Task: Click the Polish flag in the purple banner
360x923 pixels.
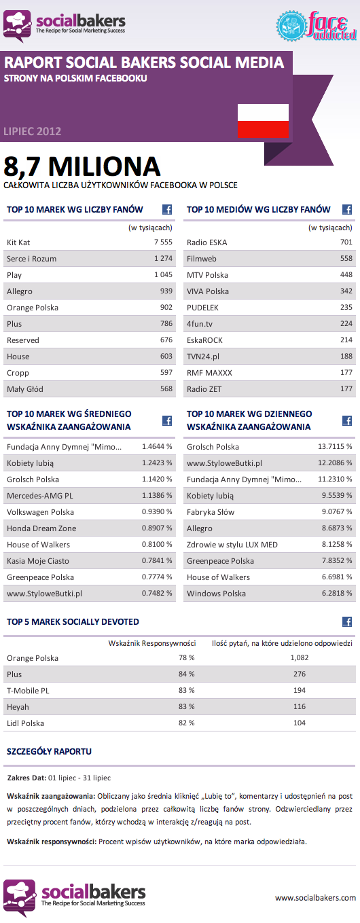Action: (263, 122)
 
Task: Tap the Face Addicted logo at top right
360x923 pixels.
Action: (317, 24)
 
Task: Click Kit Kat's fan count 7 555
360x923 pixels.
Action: (163, 242)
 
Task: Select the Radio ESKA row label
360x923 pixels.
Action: (206, 242)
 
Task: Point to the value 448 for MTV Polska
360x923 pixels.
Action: (346, 275)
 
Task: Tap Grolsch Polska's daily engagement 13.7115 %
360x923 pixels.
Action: (335, 447)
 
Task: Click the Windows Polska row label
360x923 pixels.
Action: (216, 594)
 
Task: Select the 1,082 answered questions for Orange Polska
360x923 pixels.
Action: (299, 658)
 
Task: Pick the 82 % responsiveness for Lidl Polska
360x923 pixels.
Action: (186, 723)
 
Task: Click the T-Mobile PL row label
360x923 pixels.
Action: (28, 691)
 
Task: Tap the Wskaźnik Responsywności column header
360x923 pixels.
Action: (152, 643)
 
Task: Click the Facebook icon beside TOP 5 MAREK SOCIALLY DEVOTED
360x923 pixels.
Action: (346, 621)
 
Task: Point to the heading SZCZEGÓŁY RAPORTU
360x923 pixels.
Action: (49, 752)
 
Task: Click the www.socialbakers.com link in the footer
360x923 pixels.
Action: (315, 898)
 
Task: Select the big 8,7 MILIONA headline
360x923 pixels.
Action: (82, 166)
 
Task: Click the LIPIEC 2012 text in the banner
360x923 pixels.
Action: (32, 131)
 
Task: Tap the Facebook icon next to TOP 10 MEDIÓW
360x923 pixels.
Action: (346, 210)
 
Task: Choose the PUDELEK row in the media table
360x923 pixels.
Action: (203, 308)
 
